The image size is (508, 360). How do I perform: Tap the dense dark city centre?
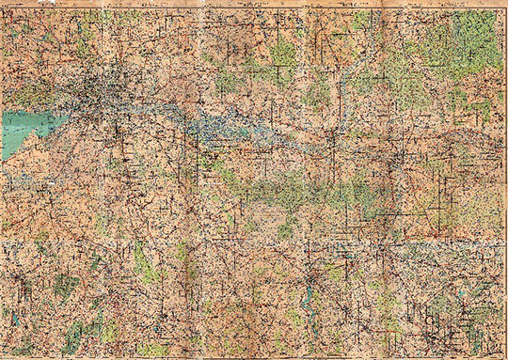pos(103,90)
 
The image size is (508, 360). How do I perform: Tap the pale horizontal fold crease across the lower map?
pos(254,243)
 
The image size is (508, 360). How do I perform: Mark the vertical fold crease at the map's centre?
pos(254,179)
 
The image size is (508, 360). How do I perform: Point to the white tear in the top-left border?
pos(8,5)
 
